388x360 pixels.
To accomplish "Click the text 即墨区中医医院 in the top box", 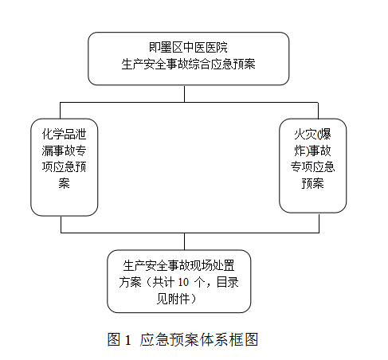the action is [x=188, y=48].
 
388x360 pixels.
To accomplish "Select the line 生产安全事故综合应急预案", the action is [x=188, y=65].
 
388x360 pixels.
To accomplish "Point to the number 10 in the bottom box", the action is [x=183, y=282].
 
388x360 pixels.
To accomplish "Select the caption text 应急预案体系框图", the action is [x=199, y=339].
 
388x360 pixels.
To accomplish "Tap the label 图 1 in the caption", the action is [x=119, y=339].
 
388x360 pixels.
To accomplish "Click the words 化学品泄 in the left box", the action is [x=64, y=135].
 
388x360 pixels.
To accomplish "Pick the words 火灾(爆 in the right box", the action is [x=312, y=135].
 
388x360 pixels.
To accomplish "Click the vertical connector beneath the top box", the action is [x=184, y=94].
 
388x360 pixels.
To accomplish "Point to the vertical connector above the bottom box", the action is [x=184, y=241].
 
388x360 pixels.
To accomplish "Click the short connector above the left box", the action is [x=61, y=111].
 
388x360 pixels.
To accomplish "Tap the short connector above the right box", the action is [x=318, y=111].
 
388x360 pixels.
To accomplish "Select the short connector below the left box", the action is [x=61, y=225].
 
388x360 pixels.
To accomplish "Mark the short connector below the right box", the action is [x=319, y=223].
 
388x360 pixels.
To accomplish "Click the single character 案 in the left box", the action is [x=64, y=183].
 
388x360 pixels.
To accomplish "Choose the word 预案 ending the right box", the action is [x=312, y=183].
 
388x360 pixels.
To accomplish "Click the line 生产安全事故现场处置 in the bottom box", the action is [x=178, y=266].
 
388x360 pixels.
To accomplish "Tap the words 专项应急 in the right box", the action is [x=312, y=167].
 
